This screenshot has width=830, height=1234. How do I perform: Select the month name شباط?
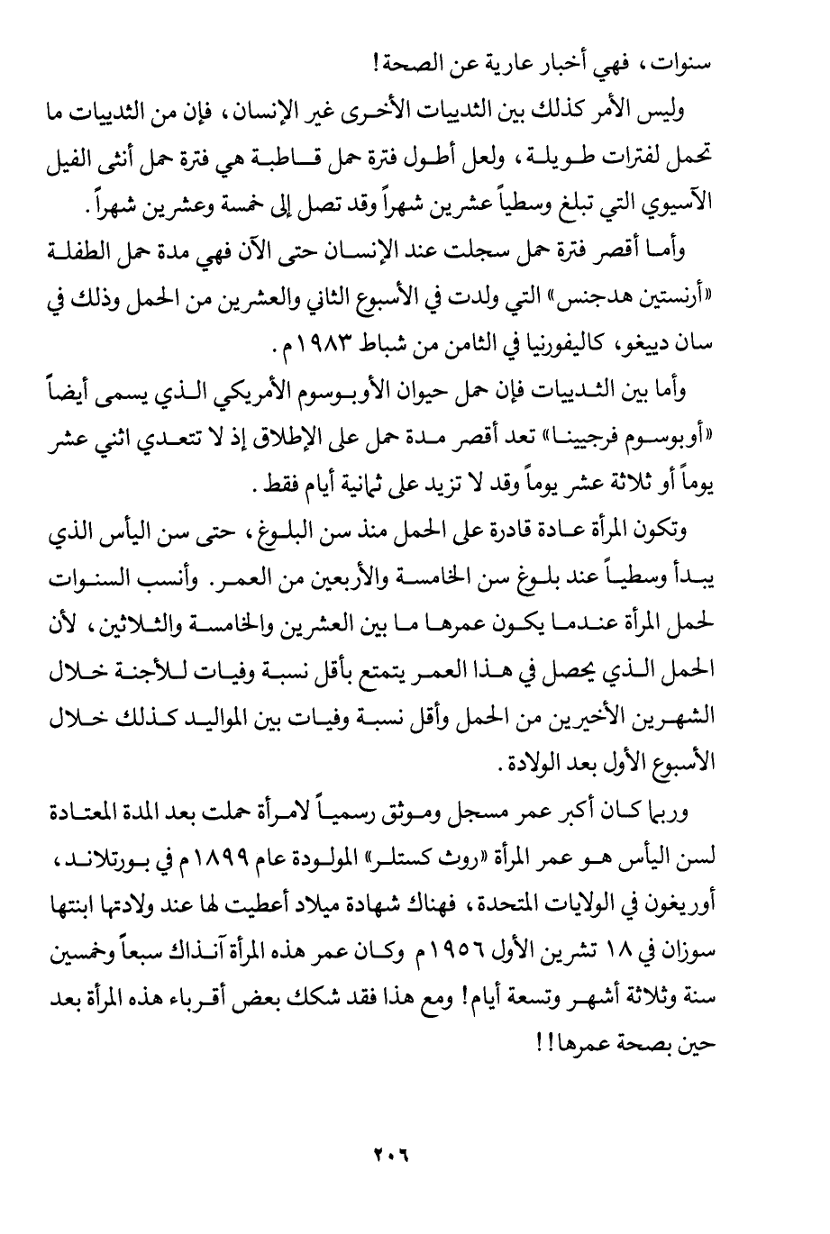[x=384, y=347]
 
